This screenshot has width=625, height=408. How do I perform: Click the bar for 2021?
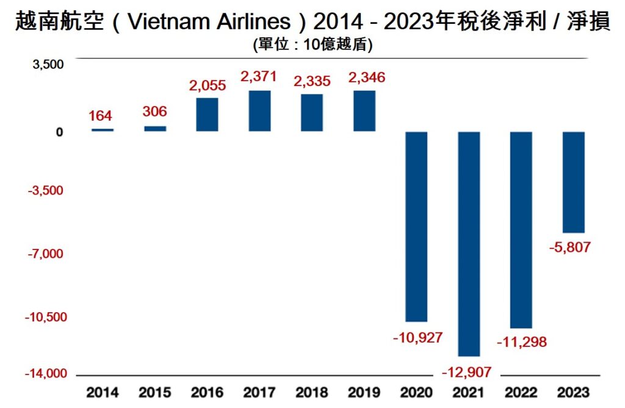tap(469, 243)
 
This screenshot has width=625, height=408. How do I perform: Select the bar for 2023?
tap(574, 182)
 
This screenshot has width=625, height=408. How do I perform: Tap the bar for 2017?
tap(259, 111)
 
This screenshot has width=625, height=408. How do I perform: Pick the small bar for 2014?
tap(102, 130)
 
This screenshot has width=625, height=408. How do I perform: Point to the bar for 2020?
tap(416, 226)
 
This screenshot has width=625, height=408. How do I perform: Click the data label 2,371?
tap(259, 77)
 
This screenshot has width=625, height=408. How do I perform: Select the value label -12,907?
tap(468, 371)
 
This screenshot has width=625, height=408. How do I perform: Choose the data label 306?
tap(154, 112)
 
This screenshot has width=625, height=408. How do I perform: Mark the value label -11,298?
tap(521, 342)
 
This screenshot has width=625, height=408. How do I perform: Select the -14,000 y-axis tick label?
tap(44, 374)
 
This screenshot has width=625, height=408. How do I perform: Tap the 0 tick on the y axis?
tap(60, 132)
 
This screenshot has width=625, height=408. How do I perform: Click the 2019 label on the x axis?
tap(364, 392)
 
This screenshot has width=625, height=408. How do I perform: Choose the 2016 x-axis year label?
tap(207, 392)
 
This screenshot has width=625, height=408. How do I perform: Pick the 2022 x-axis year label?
tap(521, 392)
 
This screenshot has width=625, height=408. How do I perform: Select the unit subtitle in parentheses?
tap(312, 45)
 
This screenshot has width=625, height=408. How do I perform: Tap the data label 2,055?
tap(207, 85)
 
